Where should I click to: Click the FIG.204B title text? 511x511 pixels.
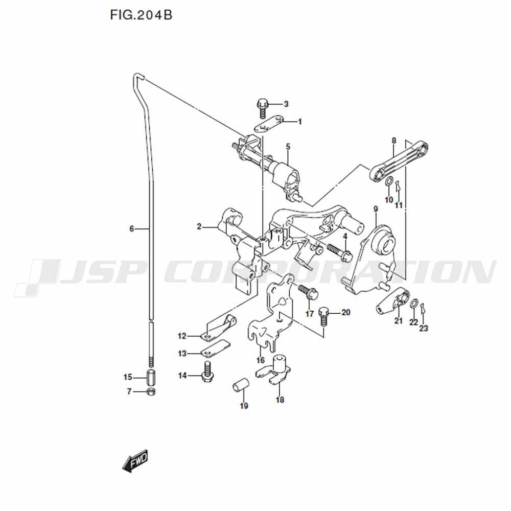click(141, 15)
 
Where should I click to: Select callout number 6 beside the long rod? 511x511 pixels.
click(132, 229)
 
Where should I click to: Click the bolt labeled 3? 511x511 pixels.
click(262, 108)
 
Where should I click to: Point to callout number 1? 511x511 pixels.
click(300, 122)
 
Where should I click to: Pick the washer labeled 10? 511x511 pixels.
click(389, 182)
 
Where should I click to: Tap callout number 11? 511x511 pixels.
click(399, 205)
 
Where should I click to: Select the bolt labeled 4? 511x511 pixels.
click(339, 253)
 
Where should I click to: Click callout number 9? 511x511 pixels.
click(376, 209)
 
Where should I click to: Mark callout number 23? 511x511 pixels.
click(423, 328)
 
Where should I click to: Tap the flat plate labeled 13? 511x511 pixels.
click(215, 350)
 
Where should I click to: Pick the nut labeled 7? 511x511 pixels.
click(151, 391)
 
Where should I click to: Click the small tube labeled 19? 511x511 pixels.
click(241, 386)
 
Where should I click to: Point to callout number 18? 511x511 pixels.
click(280, 400)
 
